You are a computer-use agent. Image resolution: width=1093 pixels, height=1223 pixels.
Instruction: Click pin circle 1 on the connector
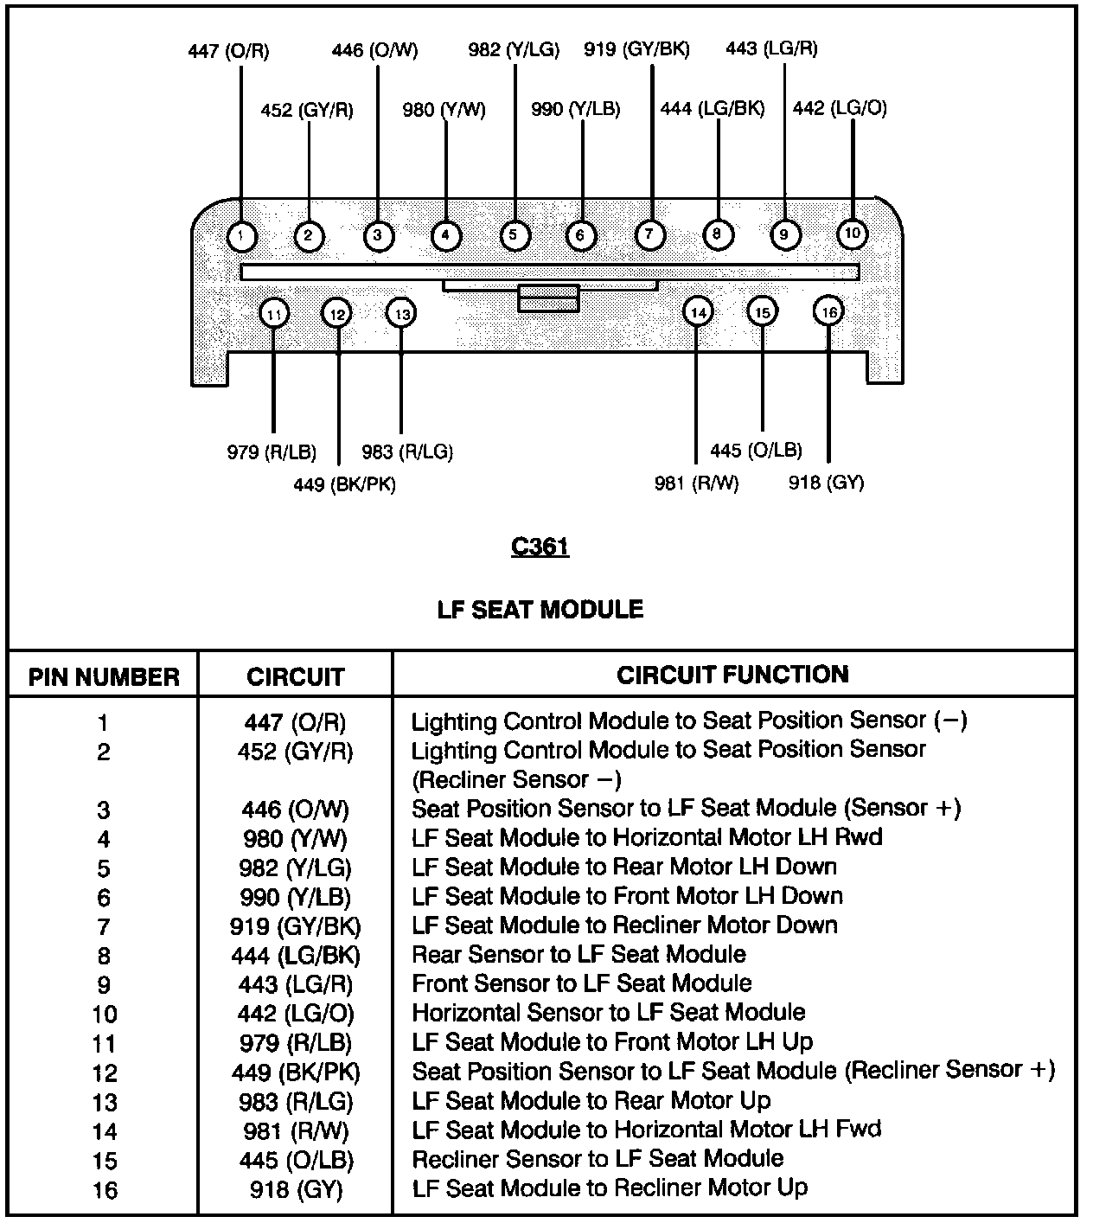click(x=242, y=236)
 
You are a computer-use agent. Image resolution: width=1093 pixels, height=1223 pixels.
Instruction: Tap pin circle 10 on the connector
click(x=853, y=234)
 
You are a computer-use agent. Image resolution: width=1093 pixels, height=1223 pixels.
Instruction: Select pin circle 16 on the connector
click(x=828, y=312)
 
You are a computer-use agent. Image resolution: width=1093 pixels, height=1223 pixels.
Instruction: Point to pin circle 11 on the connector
click(x=274, y=314)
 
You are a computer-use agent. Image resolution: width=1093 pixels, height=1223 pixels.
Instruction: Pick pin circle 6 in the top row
click(x=580, y=235)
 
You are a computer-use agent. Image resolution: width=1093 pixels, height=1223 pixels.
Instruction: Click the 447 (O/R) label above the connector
click(x=228, y=51)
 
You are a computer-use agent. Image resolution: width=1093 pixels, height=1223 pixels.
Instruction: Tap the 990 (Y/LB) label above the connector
click(x=575, y=110)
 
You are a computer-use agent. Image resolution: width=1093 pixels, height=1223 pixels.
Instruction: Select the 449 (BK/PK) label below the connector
click(x=344, y=484)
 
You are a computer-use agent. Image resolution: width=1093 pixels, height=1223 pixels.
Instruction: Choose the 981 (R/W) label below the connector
click(x=696, y=483)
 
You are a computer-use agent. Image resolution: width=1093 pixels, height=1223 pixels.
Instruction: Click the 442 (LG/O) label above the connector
click(x=840, y=108)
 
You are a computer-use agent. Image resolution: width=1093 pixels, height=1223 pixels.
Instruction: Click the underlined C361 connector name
click(x=540, y=547)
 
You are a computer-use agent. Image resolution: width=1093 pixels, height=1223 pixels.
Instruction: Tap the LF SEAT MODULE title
click(x=540, y=610)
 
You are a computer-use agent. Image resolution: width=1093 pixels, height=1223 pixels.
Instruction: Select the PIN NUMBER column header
click(x=104, y=676)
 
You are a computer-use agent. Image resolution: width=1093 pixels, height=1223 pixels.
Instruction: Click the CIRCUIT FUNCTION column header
click(x=732, y=675)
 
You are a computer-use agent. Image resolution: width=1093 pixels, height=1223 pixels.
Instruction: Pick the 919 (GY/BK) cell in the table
click(x=296, y=926)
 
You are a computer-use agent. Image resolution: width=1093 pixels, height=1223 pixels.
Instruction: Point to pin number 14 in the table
click(x=104, y=1131)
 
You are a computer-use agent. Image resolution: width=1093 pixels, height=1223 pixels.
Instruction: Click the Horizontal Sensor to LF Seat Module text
click(x=608, y=1013)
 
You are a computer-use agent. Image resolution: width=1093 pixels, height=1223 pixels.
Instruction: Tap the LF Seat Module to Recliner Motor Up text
click(x=610, y=1188)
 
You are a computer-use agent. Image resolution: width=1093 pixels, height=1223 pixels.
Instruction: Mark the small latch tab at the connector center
click(x=548, y=298)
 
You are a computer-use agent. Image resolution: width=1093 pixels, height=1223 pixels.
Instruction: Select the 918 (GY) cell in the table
click(x=296, y=1189)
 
